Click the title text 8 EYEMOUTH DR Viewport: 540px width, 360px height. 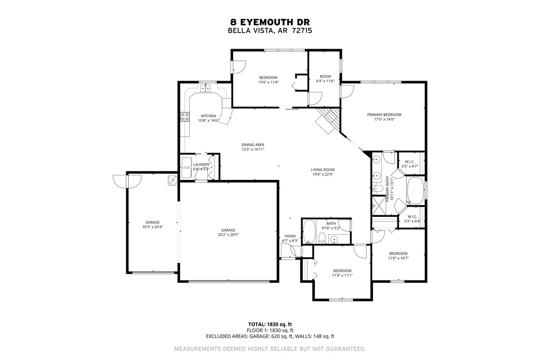270,22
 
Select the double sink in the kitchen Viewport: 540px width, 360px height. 206,90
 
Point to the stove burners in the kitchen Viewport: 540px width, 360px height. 184,117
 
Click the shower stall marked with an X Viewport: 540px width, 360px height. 379,205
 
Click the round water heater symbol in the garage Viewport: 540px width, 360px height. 173,180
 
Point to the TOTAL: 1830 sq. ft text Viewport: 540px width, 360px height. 270,324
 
